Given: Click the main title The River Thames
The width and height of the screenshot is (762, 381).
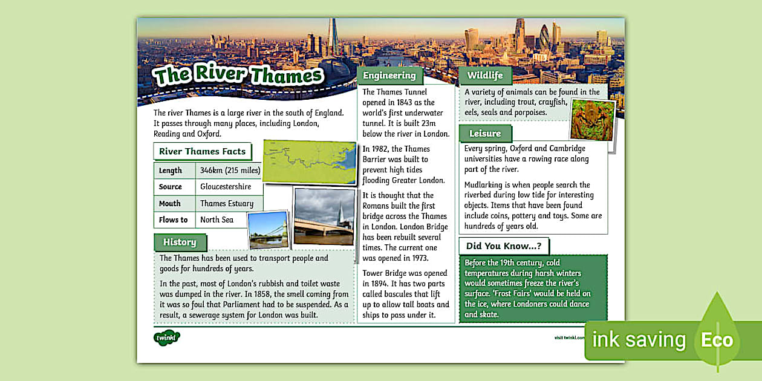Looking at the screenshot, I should coord(238,75).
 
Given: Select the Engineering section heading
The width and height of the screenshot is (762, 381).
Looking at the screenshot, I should coord(389,76).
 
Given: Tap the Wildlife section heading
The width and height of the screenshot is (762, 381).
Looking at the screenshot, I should coord(485,76).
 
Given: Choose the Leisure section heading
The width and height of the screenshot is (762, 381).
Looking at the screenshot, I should coord(485,133).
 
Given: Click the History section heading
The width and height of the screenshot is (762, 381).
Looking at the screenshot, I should coord(180,242).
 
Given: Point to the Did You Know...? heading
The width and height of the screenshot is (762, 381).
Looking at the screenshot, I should coord(503,246).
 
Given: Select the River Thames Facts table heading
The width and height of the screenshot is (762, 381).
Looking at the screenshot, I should coord(202,151).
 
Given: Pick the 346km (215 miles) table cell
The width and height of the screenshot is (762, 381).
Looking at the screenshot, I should coord(230,171).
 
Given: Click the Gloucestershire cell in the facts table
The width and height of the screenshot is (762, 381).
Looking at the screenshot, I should coord(226,187).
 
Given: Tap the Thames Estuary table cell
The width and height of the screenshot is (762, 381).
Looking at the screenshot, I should coord(227,203).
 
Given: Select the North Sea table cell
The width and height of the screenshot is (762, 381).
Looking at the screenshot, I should coord(217,220).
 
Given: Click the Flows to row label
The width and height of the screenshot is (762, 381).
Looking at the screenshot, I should coord(173,220).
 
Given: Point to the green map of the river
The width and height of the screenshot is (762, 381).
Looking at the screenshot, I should coord(309,161).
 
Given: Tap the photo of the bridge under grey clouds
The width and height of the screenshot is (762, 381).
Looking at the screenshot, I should coord(324,216).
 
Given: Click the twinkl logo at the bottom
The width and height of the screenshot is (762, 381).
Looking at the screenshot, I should coord(166,337).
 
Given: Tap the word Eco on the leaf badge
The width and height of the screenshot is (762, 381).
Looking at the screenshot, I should coord(717,340).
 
